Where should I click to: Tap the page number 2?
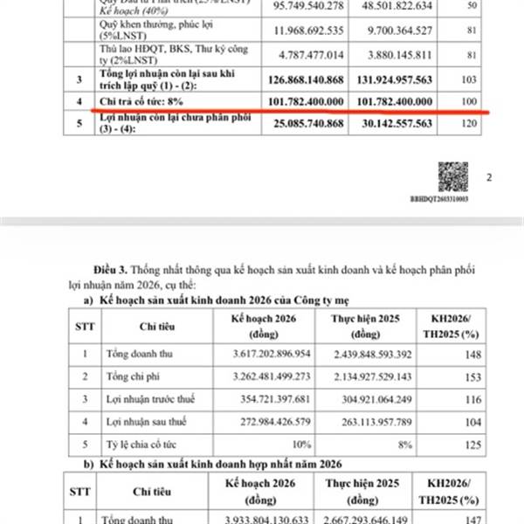[489, 177]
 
